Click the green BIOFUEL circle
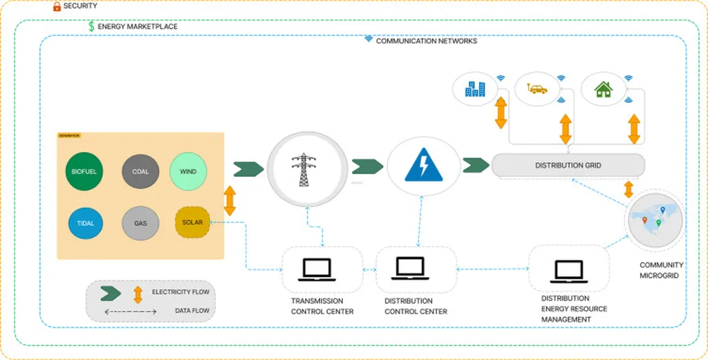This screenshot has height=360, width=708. (84, 171)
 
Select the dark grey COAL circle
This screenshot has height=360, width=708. (140, 171)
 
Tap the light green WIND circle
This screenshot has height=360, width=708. (188, 171)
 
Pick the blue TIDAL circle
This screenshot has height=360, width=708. (86, 223)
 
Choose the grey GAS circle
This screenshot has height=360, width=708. (140, 223)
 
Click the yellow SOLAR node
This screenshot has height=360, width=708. (192, 222)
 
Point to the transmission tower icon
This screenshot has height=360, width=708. (303, 169)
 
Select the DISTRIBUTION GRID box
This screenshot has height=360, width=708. (568, 165)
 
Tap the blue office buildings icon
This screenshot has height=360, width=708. (475, 89)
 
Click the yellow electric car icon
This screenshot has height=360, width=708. (537, 89)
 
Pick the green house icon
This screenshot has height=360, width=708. (604, 89)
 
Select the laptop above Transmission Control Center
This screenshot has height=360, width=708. (322, 269)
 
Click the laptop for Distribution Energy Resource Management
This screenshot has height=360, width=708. (568, 270)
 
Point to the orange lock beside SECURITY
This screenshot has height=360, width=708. (57, 6)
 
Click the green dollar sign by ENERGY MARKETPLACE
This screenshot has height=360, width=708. (91, 26)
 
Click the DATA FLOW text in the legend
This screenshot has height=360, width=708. (192, 311)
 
